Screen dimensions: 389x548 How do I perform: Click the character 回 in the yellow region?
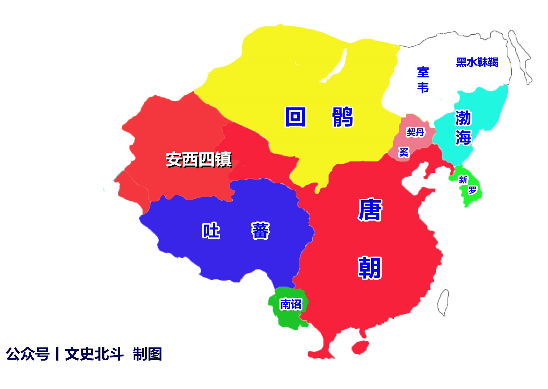click(295, 117)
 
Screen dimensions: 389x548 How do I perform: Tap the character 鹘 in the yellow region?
click(342, 117)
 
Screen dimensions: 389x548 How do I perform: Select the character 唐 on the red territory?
click(370, 210)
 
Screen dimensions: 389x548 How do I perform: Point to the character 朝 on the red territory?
click(370, 268)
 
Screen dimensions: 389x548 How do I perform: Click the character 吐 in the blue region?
click(211, 231)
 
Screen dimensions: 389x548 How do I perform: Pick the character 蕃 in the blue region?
click(260, 231)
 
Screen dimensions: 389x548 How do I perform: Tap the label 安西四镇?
click(199, 160)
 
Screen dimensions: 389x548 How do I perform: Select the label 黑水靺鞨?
click(477, 62)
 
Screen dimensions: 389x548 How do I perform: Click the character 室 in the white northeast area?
click(423, 72)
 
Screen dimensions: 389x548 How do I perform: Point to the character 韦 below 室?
click(423, 88)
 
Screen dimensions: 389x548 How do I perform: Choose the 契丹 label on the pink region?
click(415, 132)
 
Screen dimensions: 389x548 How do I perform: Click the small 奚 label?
click(404, 152)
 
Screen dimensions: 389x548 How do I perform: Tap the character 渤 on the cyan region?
click(463, 118)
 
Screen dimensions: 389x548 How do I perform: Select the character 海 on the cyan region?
click(463, 137)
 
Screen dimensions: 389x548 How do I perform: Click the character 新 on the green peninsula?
click(463, 180)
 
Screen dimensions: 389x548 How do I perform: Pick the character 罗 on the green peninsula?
click(472, 190)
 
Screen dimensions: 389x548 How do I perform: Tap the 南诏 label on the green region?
click(291, 304)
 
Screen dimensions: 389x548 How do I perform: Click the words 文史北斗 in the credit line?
click(94, 354)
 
